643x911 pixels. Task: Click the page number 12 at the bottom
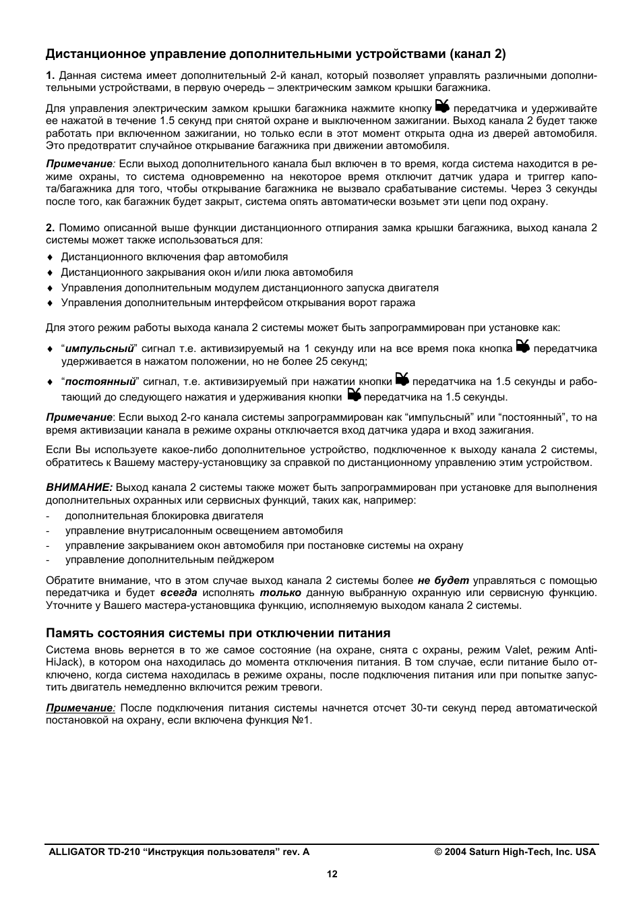(x=332, y=875)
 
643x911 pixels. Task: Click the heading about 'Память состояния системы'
(x=218, y=633)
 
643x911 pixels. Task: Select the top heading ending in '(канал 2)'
(x=276, y=53)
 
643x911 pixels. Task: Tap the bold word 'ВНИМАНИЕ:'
(x=79, y=488)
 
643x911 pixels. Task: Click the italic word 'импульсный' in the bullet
(x=100, y=349)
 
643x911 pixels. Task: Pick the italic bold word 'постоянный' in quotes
(x=100, y=382)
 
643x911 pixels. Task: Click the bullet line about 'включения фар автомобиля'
(x=174, y=257)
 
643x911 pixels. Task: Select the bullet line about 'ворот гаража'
(x=238, y=303)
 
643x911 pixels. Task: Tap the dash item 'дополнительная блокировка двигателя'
(x=164, y=516)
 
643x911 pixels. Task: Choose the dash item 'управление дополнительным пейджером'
(x=169, y=560)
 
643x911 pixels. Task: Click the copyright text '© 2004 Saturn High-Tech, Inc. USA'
(x=515, y=852)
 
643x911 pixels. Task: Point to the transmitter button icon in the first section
(x=442, y=106)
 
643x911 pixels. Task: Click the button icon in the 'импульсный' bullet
(x=523, y=347)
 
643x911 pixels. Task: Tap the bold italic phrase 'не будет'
(x=443, y=581)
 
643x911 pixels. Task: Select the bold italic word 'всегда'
(x=179, y=593)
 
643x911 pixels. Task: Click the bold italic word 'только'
(x=280, y=593)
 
